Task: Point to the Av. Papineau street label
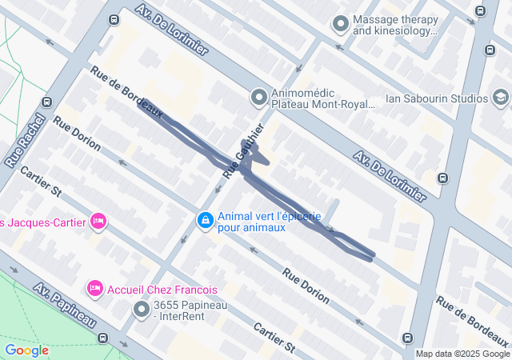[x=66, y=304]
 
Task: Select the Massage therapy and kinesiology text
[x=395, y=26]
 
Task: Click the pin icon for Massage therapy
[x=341, y=25]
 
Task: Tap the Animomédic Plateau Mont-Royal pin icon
[x=258, y=98]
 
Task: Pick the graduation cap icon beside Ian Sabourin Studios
[x=501, y=98]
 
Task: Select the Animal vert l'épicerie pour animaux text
[x=269, y=222]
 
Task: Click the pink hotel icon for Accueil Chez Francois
[x=95, y=288]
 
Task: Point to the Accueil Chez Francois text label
[x=162, y=289]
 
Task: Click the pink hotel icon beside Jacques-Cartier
[x=98, y=220]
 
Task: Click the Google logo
[x=26, y=350]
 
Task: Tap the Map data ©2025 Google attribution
[x=462, y=354]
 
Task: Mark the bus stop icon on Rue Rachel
[x=47, y=102]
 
